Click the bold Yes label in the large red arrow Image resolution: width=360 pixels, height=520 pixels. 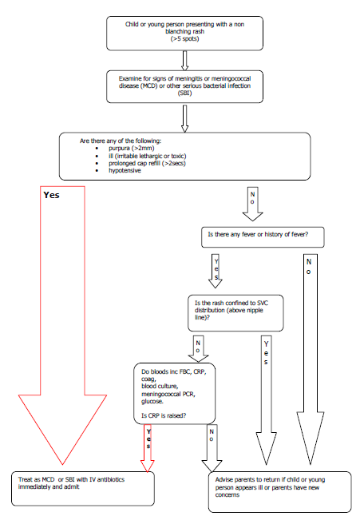[x=51, y=195]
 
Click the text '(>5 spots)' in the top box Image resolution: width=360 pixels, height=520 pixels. [x=184, y=39]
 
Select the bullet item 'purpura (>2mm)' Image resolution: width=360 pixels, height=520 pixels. [x=131, y=148]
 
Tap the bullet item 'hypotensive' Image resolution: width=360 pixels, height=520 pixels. [x=125, y=170]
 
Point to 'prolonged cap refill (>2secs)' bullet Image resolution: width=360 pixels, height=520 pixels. [x=147, y=163]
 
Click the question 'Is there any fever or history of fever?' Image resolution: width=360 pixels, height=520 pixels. [x=258, y=234]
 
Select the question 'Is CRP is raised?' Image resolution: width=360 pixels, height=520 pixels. [x=164, y=415]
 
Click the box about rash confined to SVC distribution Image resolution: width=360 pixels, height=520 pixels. [x=235, y=313]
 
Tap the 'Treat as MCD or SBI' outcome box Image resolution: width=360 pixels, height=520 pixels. [x=83, y=489]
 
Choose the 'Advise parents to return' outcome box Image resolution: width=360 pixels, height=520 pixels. [x=280, y=492]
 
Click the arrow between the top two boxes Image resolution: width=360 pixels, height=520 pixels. [x=184, y=61]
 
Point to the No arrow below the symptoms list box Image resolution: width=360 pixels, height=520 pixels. [x=252, y=204]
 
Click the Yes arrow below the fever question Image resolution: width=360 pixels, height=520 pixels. [x=216, y=271]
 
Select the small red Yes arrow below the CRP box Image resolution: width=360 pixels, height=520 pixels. [x=148, y=448]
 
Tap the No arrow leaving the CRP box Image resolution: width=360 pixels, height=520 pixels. [x=212, y=448]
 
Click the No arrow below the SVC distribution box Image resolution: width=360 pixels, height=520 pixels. [x=198, y=348]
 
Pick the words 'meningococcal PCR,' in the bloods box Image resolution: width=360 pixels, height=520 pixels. [x=168, y=394]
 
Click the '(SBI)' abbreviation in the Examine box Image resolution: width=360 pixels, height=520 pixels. [x=184, y=93]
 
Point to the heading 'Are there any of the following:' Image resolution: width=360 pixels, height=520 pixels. [x=121, y=141]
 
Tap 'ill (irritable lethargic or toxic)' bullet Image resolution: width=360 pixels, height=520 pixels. [x=147, y=156]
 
